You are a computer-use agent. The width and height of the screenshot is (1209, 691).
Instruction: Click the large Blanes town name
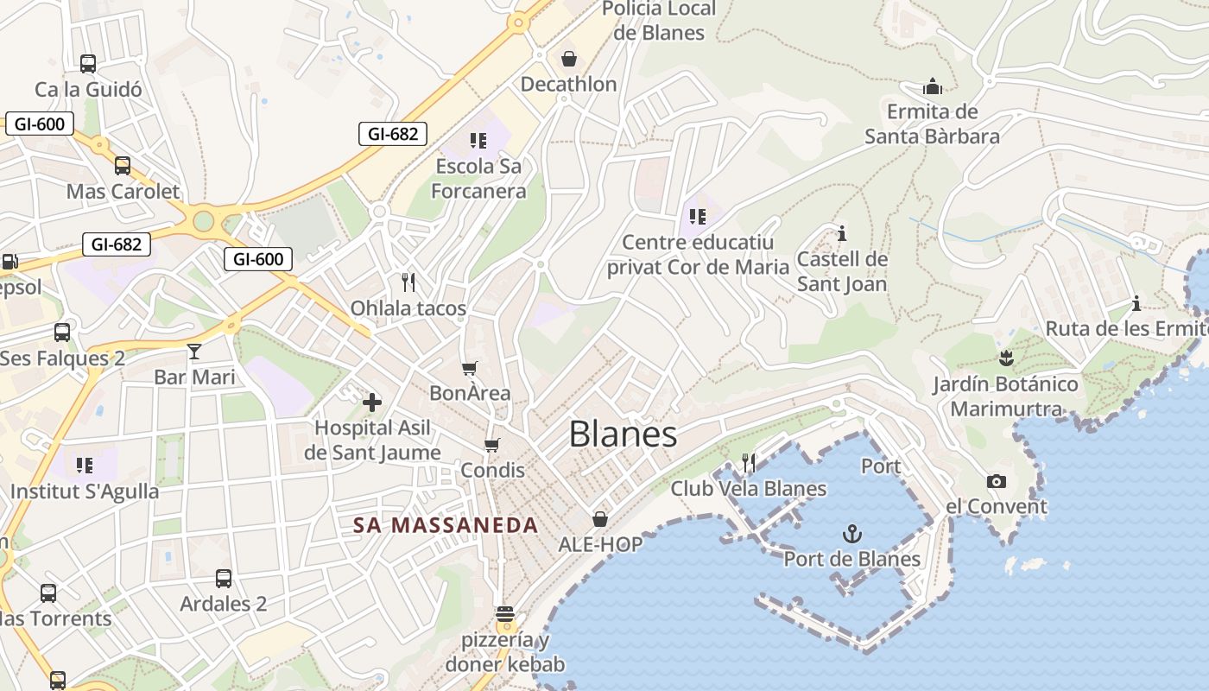(623, 434)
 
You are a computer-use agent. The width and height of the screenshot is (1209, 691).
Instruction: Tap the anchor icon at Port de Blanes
(852, 534)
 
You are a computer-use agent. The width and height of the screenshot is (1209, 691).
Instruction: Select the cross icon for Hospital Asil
(372, 403)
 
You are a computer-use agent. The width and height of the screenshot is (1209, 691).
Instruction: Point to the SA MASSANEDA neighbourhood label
(446, 524)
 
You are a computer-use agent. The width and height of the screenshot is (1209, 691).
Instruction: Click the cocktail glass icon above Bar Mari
(194, 351)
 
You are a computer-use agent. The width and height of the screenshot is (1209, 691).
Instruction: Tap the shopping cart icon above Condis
(492, 445)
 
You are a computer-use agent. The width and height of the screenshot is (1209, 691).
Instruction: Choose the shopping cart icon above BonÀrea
(470, 369)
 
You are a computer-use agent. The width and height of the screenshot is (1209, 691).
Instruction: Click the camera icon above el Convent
(997, 481)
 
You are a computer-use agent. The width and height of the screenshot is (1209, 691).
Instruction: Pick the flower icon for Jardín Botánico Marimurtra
(1005, 358)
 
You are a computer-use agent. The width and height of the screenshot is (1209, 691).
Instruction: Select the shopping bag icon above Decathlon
(569, 59)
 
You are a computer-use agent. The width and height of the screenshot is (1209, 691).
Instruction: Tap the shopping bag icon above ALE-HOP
(600, 519)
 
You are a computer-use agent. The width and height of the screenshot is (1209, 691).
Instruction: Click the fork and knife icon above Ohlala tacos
(408, 282)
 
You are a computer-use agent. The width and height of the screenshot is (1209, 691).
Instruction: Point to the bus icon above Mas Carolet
(123, 166)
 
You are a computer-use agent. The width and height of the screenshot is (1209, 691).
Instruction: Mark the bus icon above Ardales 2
(223, 579)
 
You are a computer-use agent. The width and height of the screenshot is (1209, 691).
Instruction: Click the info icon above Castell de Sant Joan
(842, 233)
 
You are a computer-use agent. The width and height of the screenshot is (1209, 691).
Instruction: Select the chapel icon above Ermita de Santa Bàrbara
(933, 86)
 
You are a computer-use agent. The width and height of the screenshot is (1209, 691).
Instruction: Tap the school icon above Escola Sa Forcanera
(478, 140)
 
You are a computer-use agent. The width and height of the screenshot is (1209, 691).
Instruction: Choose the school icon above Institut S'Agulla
(85, 466)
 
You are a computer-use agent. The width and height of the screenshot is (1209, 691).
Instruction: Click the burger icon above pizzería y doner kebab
(505, 615)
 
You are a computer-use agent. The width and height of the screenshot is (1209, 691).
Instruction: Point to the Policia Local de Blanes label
(659, 21)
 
